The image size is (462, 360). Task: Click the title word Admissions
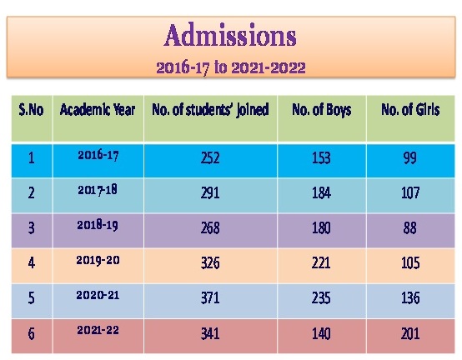tap(230, 35)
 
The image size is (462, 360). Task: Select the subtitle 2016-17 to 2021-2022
tap(231, 68)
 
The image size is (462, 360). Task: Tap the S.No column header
tap(31, 109)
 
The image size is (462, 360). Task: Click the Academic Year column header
tap(98, 109)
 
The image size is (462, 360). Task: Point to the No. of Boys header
tap(322, 110)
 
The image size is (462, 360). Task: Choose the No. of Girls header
tap(410, 109)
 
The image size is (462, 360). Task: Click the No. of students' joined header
tap(210, 110)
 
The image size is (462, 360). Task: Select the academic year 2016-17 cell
tap(98, 155)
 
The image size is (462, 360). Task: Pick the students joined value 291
tap(210, 193)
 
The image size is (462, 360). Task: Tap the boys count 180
tap(321, 228)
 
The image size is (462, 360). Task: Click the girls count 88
tap(410, 228)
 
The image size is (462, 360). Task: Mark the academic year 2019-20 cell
tap(98, 260)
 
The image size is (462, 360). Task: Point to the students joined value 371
tap(210, 297)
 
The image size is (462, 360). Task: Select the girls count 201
tap(410, 333)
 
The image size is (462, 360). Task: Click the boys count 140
tap(321, 333)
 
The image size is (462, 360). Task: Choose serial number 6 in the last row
tap(31, 334)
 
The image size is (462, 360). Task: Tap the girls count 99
tap(410, 158)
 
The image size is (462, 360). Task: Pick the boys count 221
tap(321, 263)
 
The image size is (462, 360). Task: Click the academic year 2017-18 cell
tap(98, 190)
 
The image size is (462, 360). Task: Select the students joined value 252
tap(210, 158)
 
